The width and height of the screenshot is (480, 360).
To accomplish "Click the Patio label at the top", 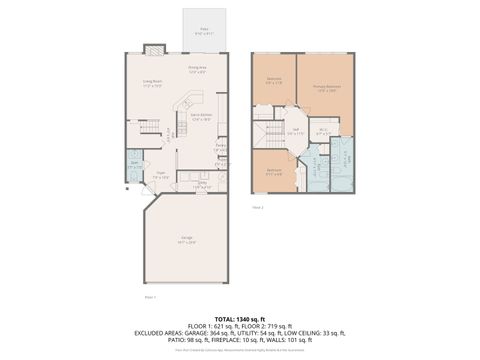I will click(204, 31).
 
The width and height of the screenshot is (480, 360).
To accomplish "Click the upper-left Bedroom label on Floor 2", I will click(274, 80).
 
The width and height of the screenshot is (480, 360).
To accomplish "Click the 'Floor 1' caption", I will click(150, 297).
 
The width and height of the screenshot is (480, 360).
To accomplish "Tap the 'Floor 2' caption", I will click(257, 207).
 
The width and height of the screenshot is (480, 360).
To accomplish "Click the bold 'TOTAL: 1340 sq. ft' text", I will click(240, 318).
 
